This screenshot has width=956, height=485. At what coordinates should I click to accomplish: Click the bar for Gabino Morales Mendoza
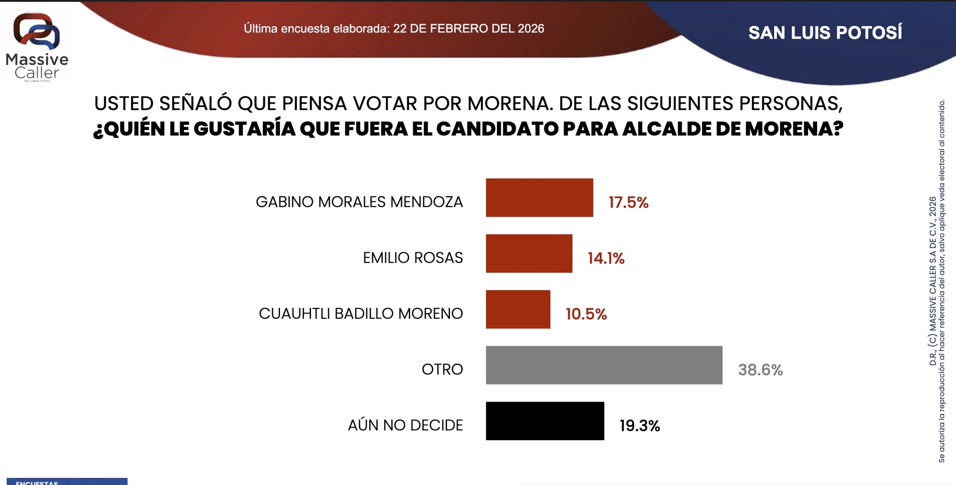[539, 198]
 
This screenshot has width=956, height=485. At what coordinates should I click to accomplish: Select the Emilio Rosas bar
[529, 253]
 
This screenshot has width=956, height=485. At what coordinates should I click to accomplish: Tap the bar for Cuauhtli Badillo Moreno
[518, 309]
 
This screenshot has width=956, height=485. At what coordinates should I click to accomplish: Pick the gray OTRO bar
[604, 365]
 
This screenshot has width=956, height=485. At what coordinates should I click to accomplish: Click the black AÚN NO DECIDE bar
[545, 421]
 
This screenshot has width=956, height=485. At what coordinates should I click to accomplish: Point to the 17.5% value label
[628, 203]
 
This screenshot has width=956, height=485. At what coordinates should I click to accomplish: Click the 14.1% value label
[606, 259]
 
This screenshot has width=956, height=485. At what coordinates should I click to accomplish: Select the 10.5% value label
[586, 314]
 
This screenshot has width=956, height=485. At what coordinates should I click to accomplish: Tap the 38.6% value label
[760, 370]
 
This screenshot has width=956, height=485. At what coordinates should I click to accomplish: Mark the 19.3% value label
[639, 426]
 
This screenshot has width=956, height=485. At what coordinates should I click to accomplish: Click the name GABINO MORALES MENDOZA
[359, 202]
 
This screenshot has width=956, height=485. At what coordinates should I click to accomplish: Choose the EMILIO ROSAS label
[413, 258]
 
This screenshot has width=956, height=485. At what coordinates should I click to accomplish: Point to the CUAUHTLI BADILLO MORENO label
[361, 314]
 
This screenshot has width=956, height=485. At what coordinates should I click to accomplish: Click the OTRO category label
[442, 370]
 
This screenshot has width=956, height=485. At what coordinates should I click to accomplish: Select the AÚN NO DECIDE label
[405, 425]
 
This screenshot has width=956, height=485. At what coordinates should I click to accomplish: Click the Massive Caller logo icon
[37, 31]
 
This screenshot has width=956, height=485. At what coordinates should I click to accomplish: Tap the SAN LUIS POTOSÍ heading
[825, 33]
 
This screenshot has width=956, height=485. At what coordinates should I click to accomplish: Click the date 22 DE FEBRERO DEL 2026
[468, 29]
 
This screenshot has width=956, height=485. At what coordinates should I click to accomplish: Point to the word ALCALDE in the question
[666, 129]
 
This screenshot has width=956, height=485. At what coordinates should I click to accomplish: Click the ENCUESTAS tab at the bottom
[37, 482]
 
